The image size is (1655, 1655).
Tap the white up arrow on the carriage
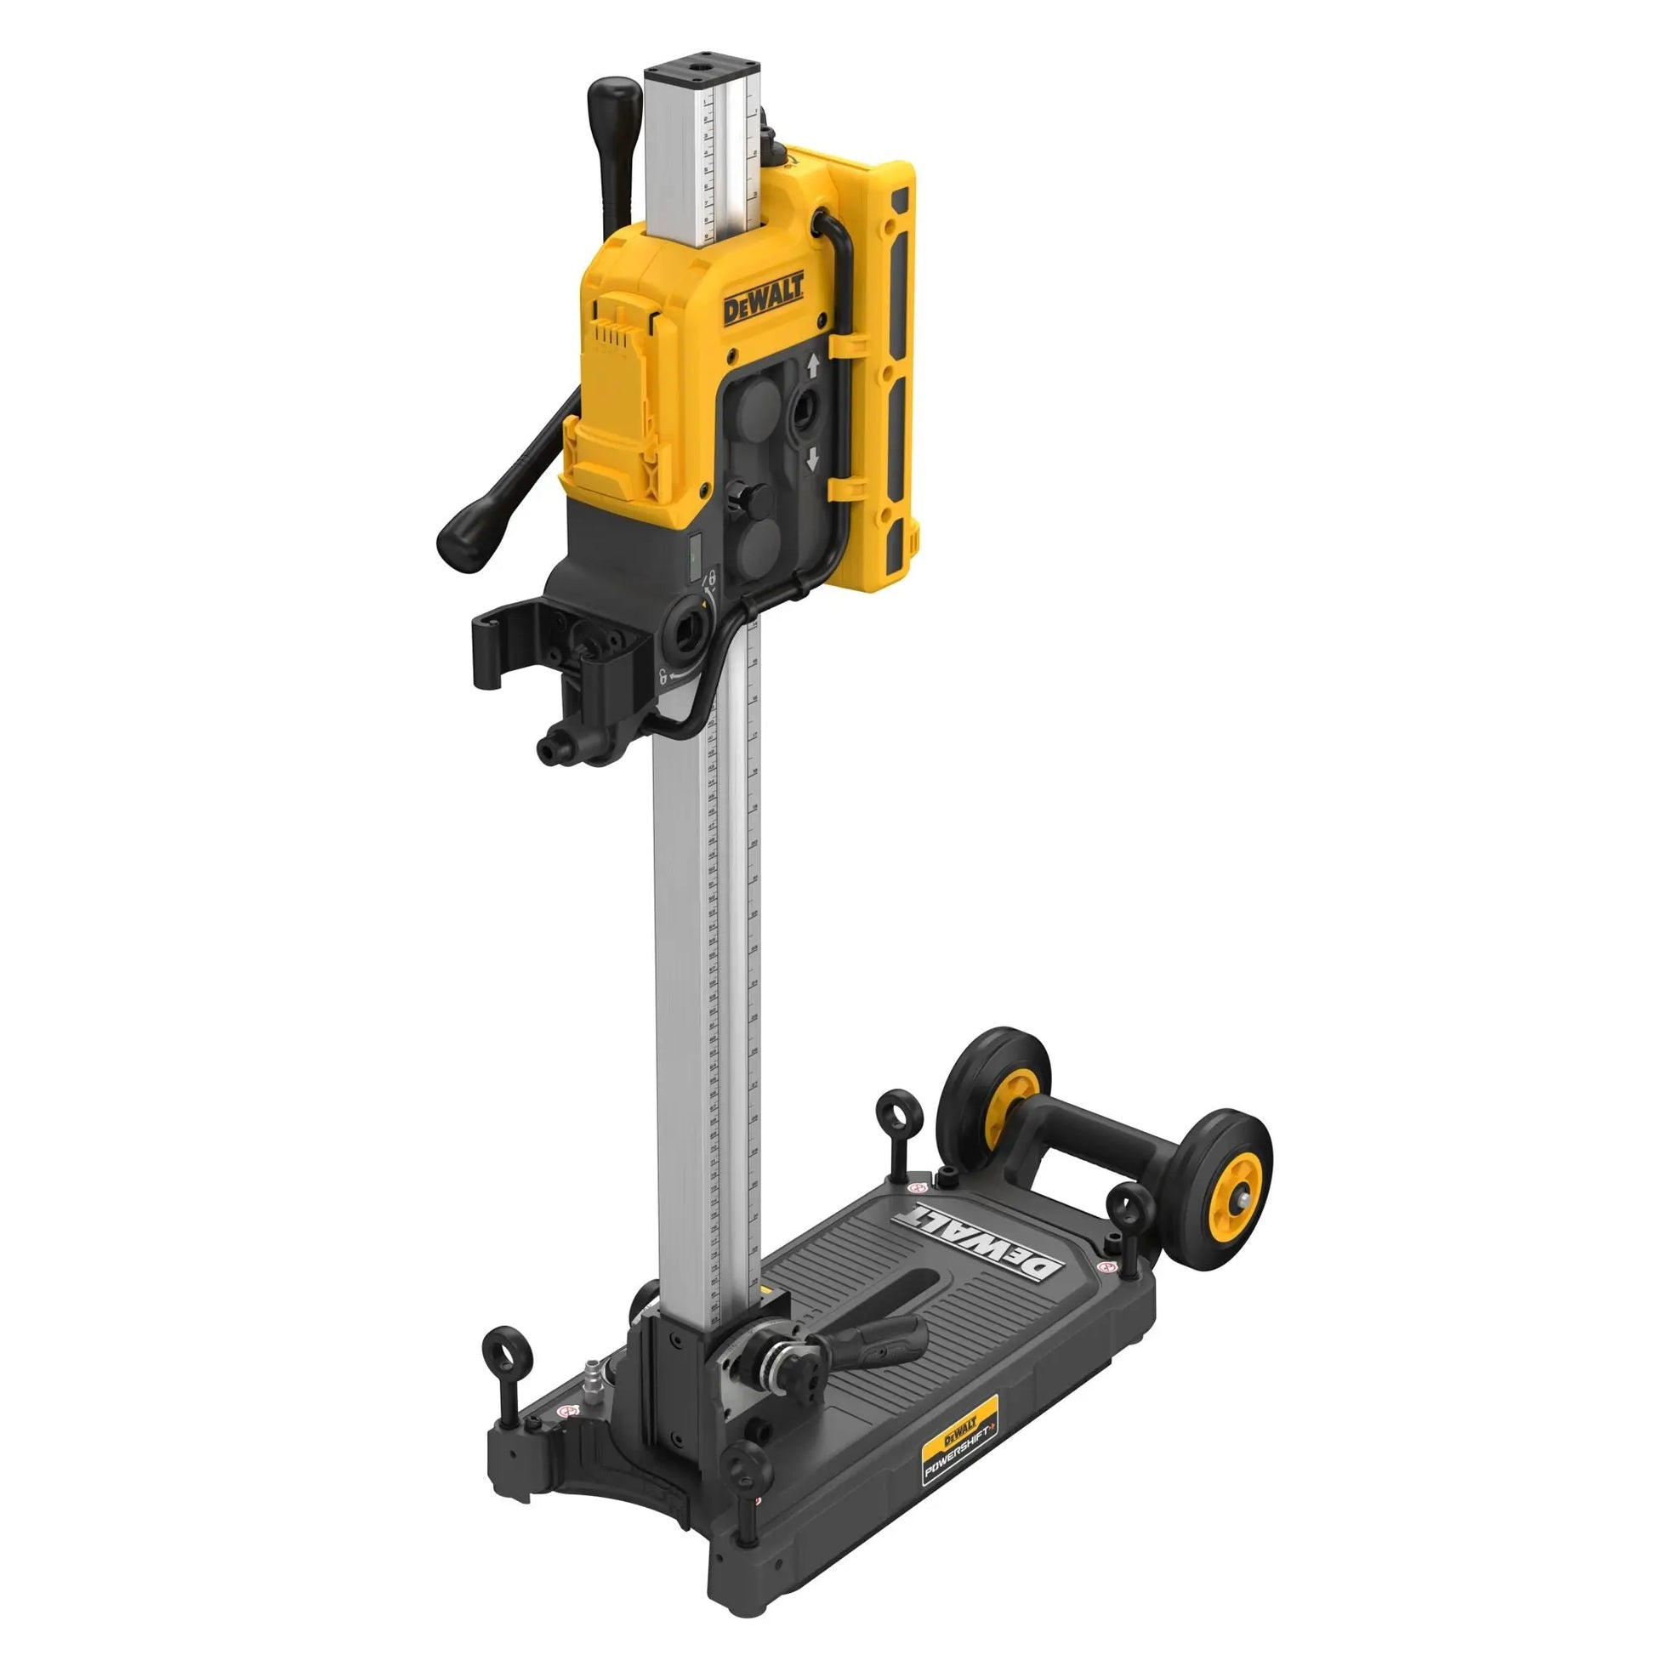[x=812, y=367]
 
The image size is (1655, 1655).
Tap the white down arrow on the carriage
[x=812, y=460]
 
